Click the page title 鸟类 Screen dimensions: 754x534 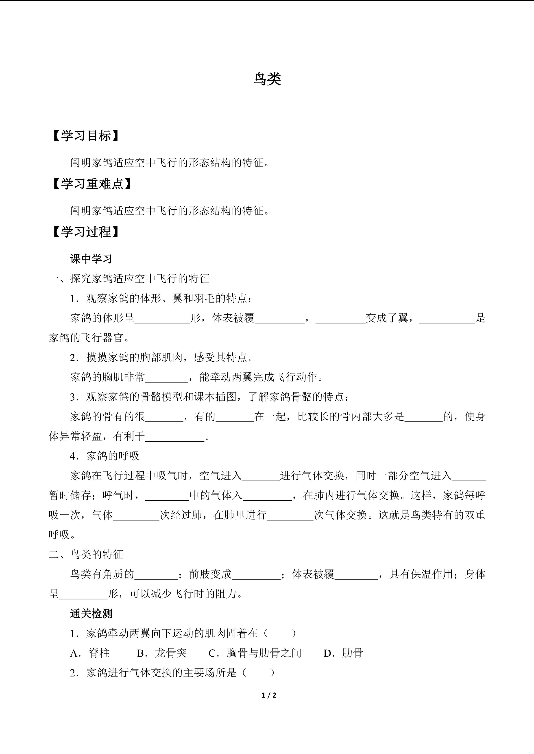[267, 79]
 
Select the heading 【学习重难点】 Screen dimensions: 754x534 [92, 184]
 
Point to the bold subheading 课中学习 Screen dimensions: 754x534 [91, 259]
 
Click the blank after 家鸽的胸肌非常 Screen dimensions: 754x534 [167, 378]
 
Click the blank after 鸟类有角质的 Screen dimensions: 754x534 [156, 575]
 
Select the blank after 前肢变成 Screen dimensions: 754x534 [257, 575]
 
